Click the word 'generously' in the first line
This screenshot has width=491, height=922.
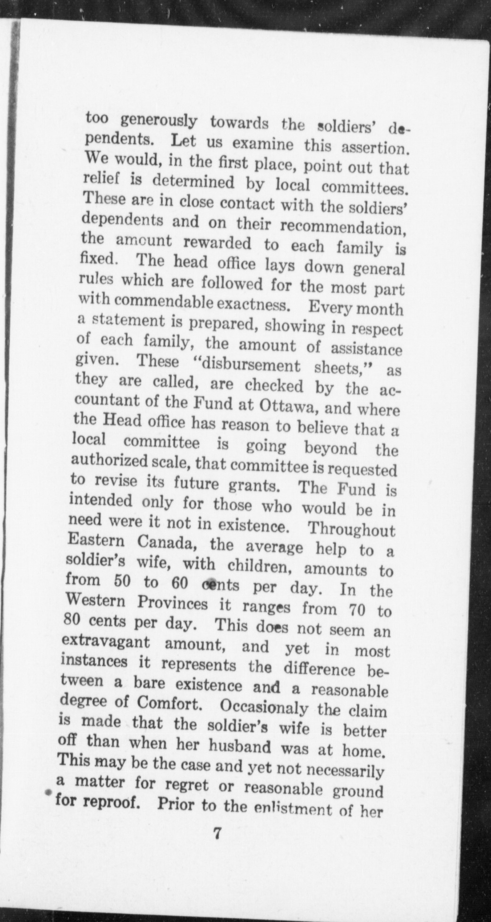point(158,122)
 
